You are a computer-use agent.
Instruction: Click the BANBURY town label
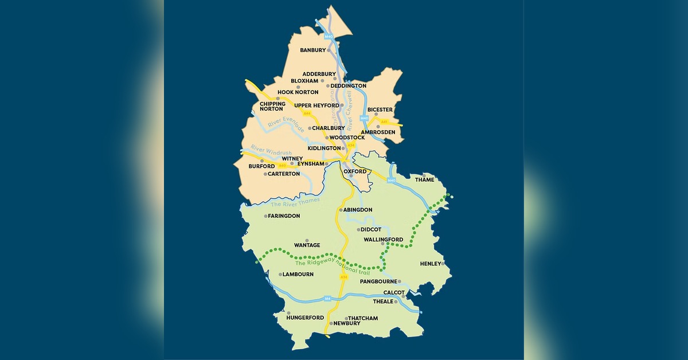click(x=312, y=50)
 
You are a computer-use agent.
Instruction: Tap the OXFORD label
click(x=355, y=171)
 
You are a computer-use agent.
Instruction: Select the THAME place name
click(x=424, y=179)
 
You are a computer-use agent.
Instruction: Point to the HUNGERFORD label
click(x=305, y=318)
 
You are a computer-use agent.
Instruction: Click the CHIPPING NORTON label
click(x=272, y=106)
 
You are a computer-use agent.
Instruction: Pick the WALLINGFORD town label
click(x=384, y=240)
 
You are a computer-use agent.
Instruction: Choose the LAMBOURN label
click(x=298, y=275)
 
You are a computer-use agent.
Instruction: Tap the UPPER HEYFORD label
click(x=316, y=105)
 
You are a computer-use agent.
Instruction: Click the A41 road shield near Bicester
click(x=384, y=122)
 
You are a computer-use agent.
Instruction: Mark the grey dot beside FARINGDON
click(x=265, y=216)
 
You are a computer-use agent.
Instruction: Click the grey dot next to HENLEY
click(x=443, y=263)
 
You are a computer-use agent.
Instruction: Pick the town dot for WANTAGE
click(x=307, y=240)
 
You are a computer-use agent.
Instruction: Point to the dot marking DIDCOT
click(x=358, y=230)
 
